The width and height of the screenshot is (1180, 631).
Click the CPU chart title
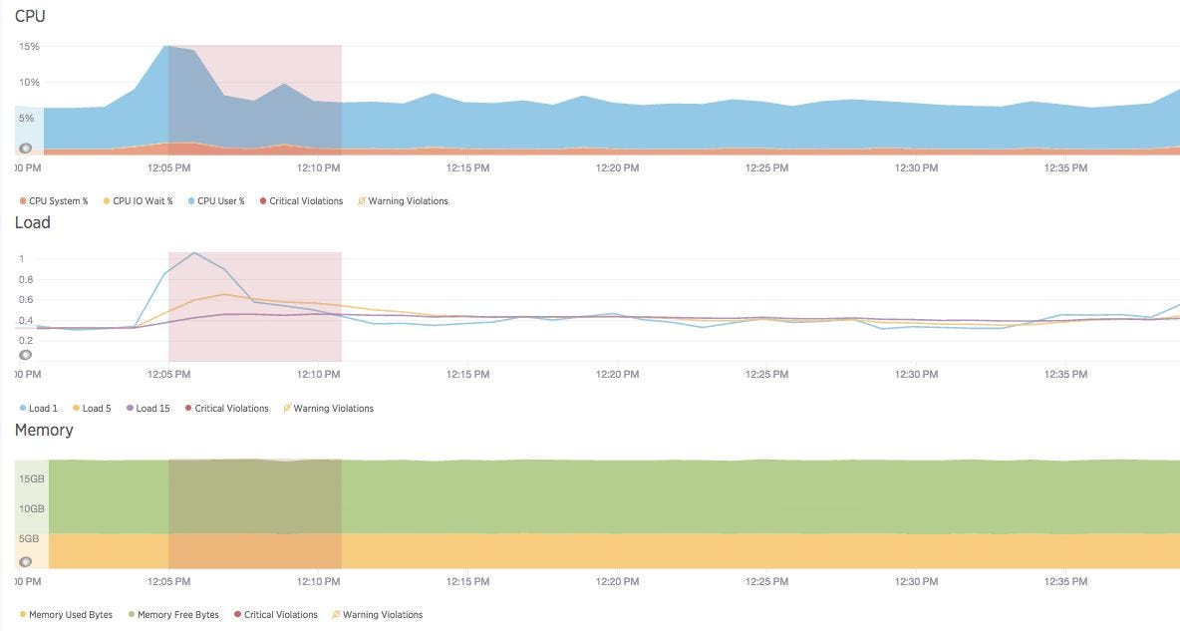pyautogui.click(x=30, y=16)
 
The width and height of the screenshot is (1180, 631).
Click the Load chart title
pyautogui.click(x=32, y=222)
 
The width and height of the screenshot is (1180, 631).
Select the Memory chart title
pyautogui.click(x=44, y=430)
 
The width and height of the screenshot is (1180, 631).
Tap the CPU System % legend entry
pyautogui.click(x=58, y=201)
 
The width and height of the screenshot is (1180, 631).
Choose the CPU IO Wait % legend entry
pyautogui.click(x=143, y=201)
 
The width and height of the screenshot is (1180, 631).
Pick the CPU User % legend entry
pyautogui.click(x=220, y=201)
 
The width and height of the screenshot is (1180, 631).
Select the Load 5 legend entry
pyautogui.click(x=97, y=409)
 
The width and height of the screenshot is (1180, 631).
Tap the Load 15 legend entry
pyautogui.click(x=152, y=409)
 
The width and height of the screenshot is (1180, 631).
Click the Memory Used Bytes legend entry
pyautogui.click(x=70, y=615)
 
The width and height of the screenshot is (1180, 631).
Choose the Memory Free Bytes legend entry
pyautogui.click(x=177, y=615)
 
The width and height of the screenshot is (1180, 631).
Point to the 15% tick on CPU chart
pyautogui.click(x=29, y=46)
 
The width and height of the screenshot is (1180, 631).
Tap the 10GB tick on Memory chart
pyautogui.click(x=31, y=508)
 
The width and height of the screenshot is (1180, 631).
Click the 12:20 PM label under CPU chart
pyautogui.click(x=617, y=168)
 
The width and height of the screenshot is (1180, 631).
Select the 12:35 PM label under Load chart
pyautogui.click(x=1065, y=375)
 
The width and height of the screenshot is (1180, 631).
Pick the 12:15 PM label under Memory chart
pyautogui.click(x=467, y=581)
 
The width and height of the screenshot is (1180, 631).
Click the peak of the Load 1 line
pyautogui.click(x=194, y=252)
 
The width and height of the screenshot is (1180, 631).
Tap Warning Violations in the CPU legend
pyautogui.click(x=408, y=201)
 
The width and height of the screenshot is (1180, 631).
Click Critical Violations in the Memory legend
pyautogui.click(x=280, y=615)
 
